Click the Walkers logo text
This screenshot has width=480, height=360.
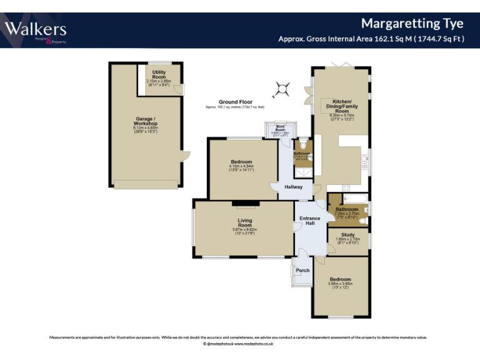(36, 29)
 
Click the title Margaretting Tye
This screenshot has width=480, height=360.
(412, 24)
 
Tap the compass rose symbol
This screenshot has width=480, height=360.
(282, 89)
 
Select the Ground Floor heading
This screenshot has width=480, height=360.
(235, 102)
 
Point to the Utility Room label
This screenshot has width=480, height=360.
(159, 75)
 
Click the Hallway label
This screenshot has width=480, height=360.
(293, 187)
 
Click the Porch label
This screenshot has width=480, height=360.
(302, 271)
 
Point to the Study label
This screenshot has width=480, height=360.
(347, 235)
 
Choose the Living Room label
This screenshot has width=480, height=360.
(244, 222)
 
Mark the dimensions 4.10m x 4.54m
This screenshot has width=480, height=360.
(241, 166)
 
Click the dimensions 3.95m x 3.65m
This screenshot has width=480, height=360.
(340, 284)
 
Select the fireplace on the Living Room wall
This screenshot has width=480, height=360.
(245, 202)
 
